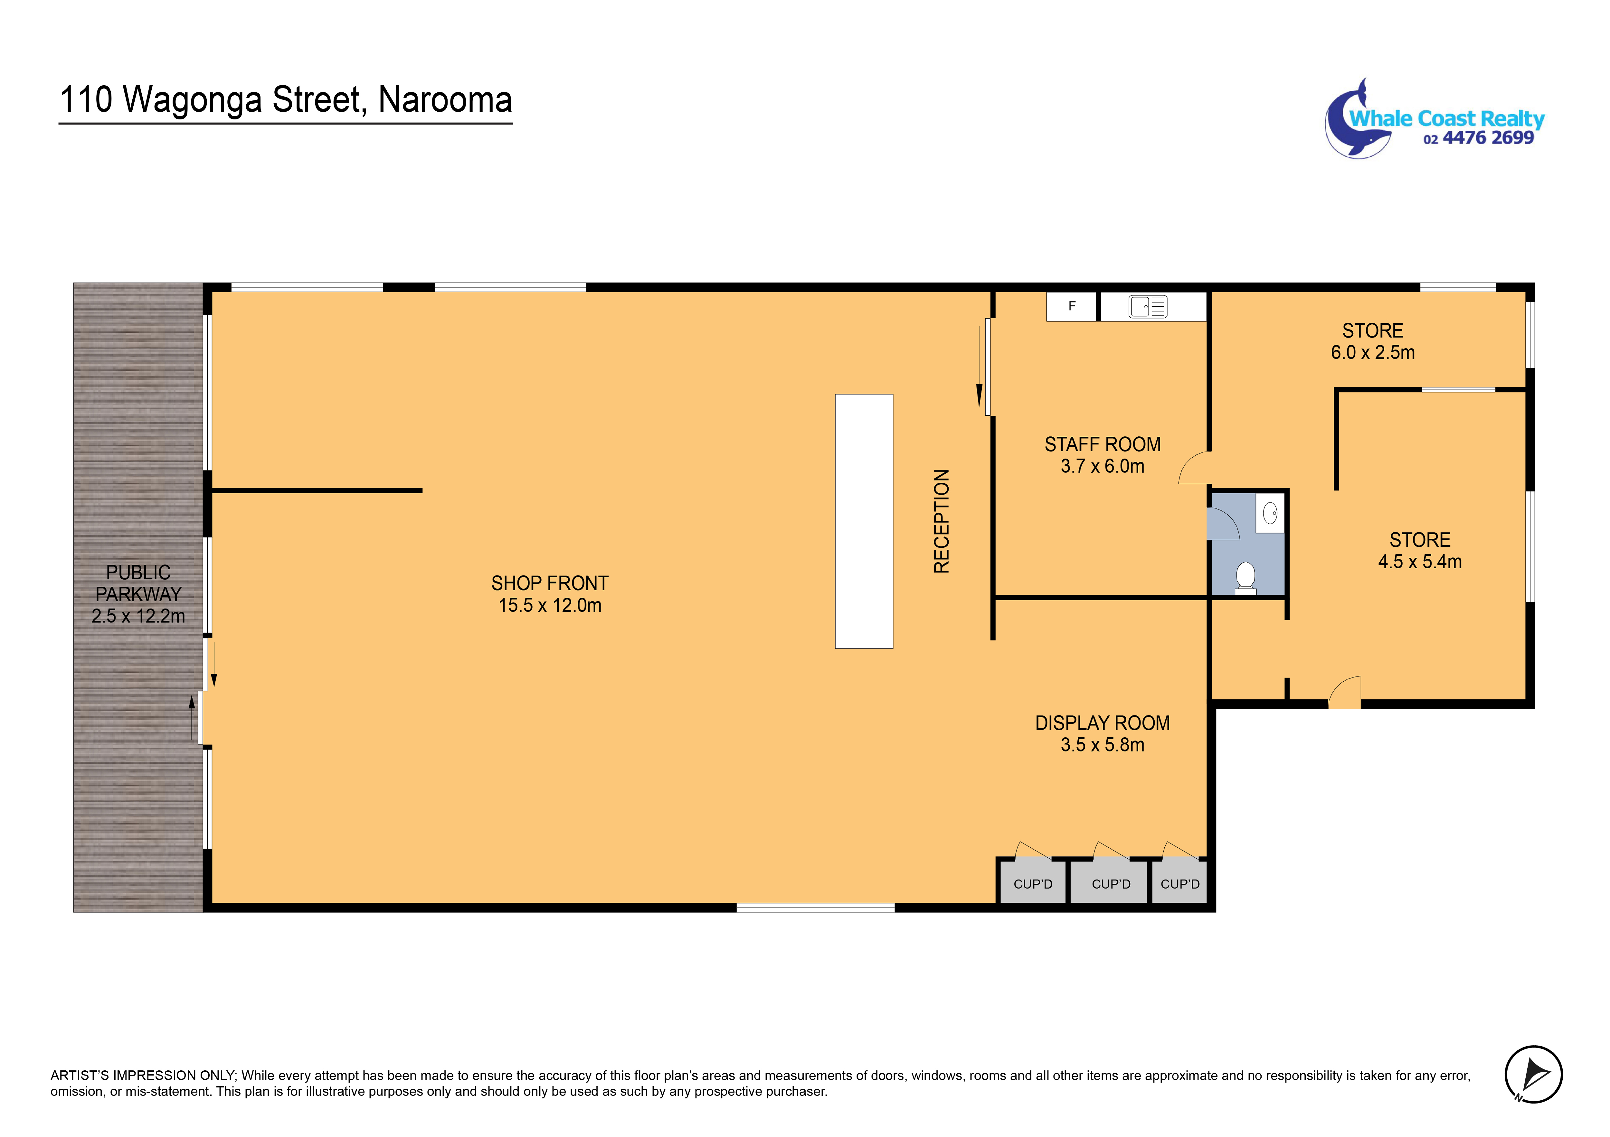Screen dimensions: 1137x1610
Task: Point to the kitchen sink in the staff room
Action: coord(1148,306)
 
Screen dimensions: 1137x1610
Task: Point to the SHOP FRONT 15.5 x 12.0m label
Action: coord(550,594)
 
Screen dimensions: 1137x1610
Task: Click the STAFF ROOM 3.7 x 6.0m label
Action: coord(1102,455)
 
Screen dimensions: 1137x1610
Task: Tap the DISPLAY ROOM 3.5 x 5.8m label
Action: coord(1102,733)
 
